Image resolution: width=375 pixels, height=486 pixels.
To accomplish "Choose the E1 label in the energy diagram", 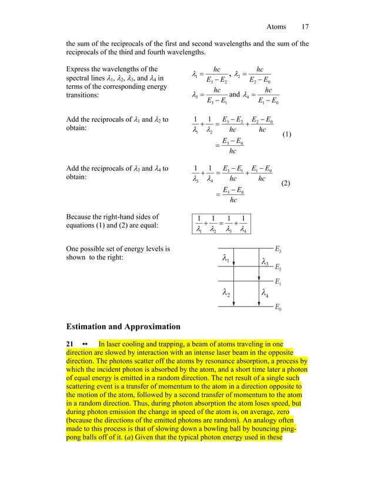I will click(x=279, y=283).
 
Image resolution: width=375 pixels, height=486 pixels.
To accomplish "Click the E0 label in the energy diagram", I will click(x=279, y=308).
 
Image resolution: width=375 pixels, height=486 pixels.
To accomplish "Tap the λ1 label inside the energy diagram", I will click(x=226, y=258).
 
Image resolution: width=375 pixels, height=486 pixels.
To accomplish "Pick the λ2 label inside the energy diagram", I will click(x=226, y=292).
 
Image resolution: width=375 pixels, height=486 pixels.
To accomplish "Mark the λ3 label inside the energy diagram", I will click(x=265, y=261).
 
